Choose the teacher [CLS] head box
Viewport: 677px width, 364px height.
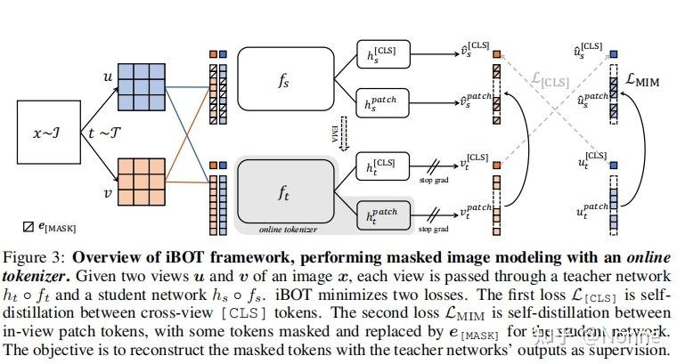(x=385, y=166)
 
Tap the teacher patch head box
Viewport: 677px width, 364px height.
(x=385, y=213)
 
